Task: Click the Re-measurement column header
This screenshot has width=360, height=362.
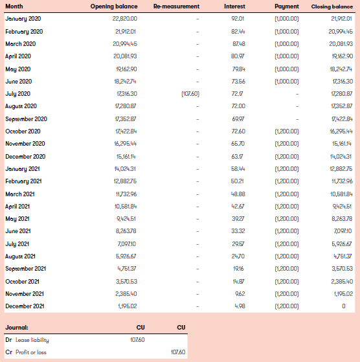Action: [x=176, y=6]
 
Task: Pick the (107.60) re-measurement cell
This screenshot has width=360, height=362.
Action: [x=191, y=94]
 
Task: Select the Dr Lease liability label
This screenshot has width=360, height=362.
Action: [x=27, y=339]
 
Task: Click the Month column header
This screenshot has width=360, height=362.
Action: [x=14, y=6]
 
